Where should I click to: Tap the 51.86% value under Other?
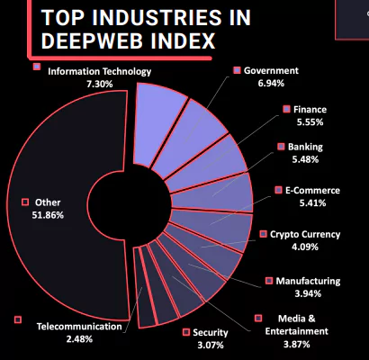[48, 215]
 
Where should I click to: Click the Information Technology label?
[100, 71]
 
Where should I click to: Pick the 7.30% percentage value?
[100, 84]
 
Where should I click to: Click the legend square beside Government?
[238, 70]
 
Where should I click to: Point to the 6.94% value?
[271, 83]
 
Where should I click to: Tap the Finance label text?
[310, 109]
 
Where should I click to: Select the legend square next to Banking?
[281, 147]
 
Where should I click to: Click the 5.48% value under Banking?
[305, 159]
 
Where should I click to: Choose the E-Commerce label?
[312, 190]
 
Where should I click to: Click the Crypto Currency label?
[305, 234]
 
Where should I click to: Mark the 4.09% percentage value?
[305, 247]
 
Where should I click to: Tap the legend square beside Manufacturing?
[269, 281]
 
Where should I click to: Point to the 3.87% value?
[297, 344]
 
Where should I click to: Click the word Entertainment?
[297, 331]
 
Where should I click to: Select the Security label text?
[211, 333]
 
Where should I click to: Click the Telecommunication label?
[79, 327]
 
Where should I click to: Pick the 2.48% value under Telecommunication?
[79, 339]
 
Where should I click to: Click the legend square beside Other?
[25, 202]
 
